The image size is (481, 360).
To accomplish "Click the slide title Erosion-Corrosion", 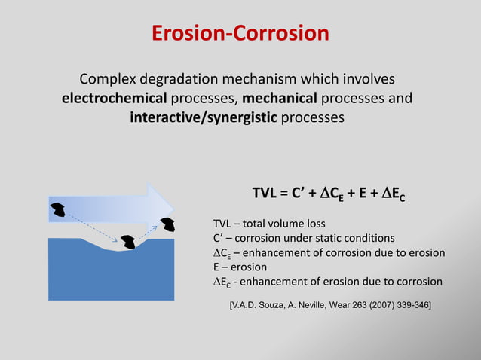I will point(240,34).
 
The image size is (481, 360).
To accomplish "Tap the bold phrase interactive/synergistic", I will point(204,118).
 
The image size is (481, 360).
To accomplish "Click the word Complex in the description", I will point(110,79).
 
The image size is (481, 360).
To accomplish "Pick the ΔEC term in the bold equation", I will point(396,197).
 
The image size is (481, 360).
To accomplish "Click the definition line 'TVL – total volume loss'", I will point(269,223).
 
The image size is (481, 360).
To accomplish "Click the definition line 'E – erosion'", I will point(240,267).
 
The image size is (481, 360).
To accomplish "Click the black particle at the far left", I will point(57,208).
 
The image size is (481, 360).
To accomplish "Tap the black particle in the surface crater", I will point(127,241).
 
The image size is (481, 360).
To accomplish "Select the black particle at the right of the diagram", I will point(167,223).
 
